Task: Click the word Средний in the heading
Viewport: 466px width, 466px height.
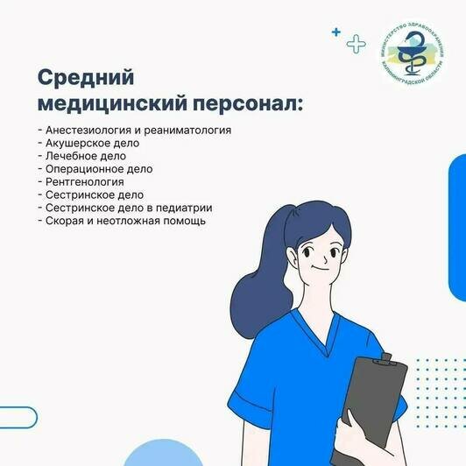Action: [x=85, y=77]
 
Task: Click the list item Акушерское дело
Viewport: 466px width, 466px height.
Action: [x=90, y=142]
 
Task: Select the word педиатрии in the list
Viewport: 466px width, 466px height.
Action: [x=186, y=208]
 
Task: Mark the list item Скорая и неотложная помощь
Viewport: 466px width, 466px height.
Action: [x=122, y=221]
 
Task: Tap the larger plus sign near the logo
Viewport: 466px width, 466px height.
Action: [x=355, y=43]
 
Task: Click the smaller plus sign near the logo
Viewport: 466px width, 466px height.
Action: [x=335, y=32]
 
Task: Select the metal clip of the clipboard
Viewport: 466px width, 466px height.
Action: [x=383, y=357]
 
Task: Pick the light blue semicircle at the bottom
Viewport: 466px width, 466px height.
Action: [x=164, y=455]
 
